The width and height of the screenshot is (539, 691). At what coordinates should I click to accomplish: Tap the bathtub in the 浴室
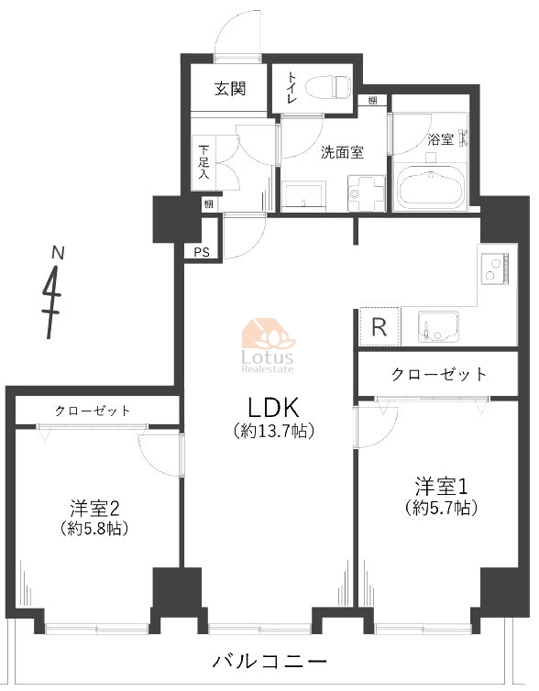[x=431, y=186]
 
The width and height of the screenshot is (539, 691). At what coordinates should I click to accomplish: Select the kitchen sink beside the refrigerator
[x=438, y=326]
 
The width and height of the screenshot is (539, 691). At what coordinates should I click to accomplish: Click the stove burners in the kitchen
[x=494, y=269]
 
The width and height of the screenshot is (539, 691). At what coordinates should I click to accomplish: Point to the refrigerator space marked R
[x=379, y=326]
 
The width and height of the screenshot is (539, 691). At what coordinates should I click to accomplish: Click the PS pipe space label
[x=202, y=253]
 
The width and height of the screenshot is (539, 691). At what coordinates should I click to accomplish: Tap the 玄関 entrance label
[x=230, y=89]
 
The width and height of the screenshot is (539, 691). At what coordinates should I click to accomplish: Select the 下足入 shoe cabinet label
[x=203, y=161]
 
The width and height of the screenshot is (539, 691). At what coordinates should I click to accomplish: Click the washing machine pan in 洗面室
[x=367, y=193]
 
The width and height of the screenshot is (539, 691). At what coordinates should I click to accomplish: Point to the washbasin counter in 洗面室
[x=303, y=196]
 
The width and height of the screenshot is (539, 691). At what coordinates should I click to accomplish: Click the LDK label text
[x=274, y=407]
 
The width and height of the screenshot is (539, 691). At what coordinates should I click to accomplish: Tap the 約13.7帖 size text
[x=274, y=431]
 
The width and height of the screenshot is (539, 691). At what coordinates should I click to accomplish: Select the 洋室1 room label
[x=441, y=487]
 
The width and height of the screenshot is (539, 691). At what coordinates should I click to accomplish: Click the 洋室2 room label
[x=94, y=508]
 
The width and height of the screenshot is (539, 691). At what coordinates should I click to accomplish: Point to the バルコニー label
[x=269, y=661]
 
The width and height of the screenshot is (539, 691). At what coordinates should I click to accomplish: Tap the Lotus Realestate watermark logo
[x=268, y=345]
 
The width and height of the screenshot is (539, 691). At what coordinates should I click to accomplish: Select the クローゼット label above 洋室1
[x=439, y=374]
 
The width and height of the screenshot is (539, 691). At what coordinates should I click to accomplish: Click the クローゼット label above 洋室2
[x=93, y=411]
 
